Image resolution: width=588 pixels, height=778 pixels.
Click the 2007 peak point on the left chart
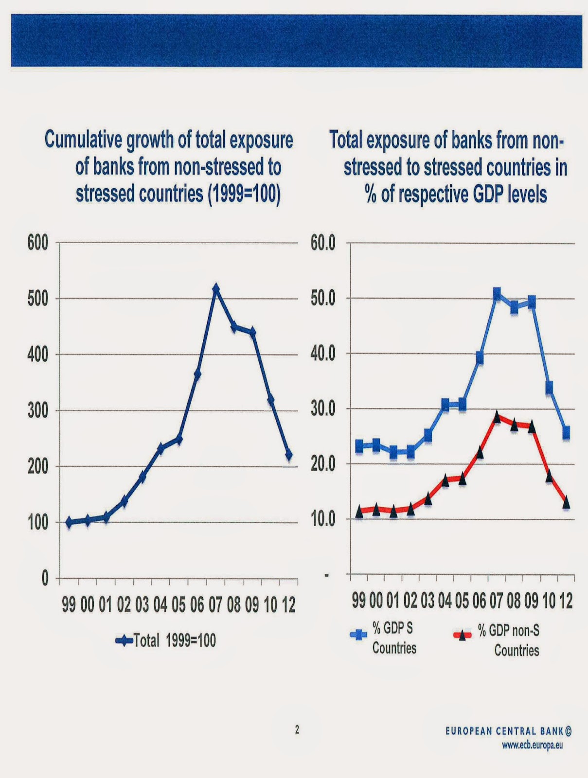(x=216, y=289)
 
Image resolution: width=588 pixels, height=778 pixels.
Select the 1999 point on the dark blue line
(x=69, y=522)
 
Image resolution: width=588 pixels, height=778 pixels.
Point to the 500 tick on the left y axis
(x=37, y=298)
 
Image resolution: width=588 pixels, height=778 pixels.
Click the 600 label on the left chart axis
(x=37, y=242)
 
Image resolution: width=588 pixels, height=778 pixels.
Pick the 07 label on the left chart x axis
(x=215, y=605)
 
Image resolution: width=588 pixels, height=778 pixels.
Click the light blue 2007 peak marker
(x=497, y=293)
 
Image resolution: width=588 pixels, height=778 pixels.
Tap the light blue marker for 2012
(x=566, y=432)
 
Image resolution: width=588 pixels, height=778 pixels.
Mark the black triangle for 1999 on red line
(x=359, y=511)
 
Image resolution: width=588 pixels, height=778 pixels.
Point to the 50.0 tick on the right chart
(x=323, y=298)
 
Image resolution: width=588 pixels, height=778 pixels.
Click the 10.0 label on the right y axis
(x=323, y=519)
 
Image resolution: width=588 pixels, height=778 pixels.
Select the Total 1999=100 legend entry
(x=165, y=640)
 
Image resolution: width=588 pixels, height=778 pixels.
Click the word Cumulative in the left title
(x=83, y=141)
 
